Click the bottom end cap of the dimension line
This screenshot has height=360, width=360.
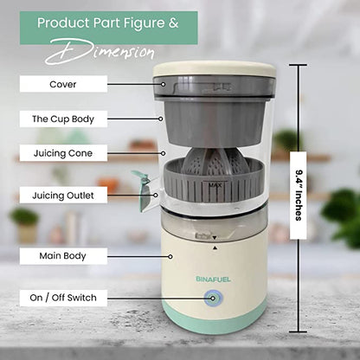(x=300, y=333)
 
